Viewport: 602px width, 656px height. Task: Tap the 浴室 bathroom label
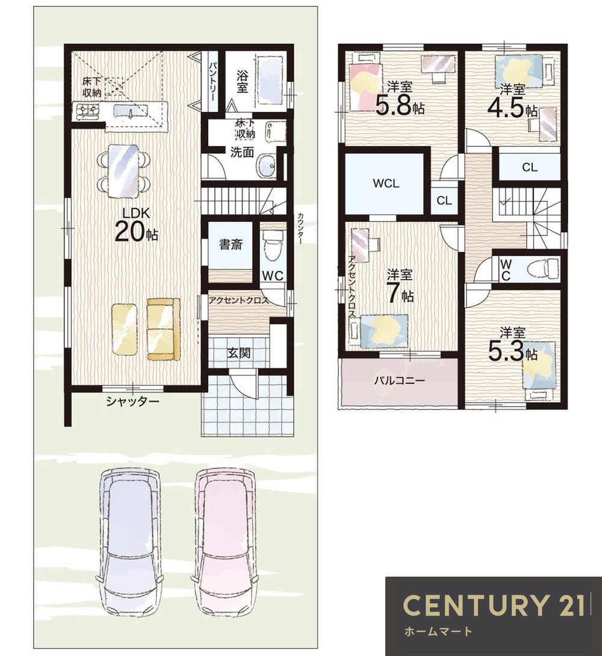(x=242, y=82)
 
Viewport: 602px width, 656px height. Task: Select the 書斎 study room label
(x=231, y=244)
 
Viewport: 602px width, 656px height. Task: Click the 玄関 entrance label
(x=239, y=353)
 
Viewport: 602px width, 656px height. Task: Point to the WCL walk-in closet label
(x=386, y=183)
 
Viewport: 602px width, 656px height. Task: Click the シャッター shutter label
(x=132, y=402)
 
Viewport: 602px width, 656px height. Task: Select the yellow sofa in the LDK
(x=163, y=329)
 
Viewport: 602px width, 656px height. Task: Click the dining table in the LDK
(x=123, y=171)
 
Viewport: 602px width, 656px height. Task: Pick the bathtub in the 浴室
(x=272, y=81)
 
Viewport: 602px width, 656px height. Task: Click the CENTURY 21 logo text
(x=494, y=604)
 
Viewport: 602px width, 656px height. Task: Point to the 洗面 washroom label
(x=242, y=152)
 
